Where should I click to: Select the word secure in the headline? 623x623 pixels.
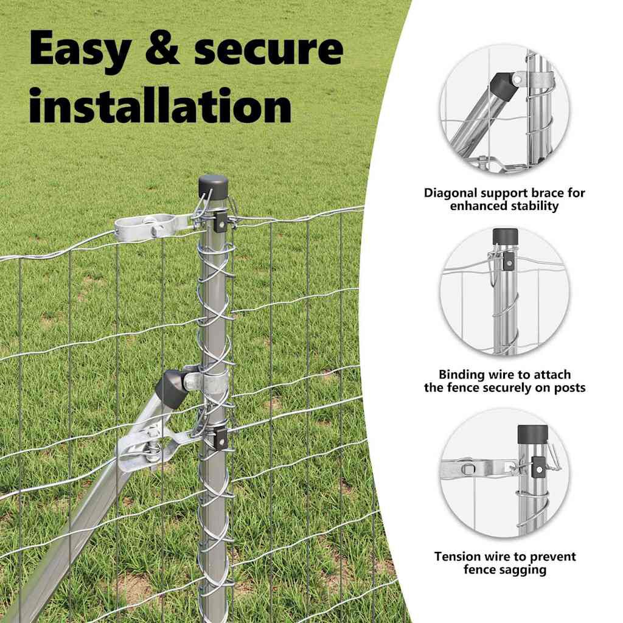tap(268, 49)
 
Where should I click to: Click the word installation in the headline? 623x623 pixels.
tap(161, 105)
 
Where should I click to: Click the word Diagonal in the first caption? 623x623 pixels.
tap(450, 193)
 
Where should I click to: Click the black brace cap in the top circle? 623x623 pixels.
tap(503, 84)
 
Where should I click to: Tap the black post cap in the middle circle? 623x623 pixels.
tap(505, 236)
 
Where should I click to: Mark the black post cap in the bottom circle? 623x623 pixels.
tap(532, 434)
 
